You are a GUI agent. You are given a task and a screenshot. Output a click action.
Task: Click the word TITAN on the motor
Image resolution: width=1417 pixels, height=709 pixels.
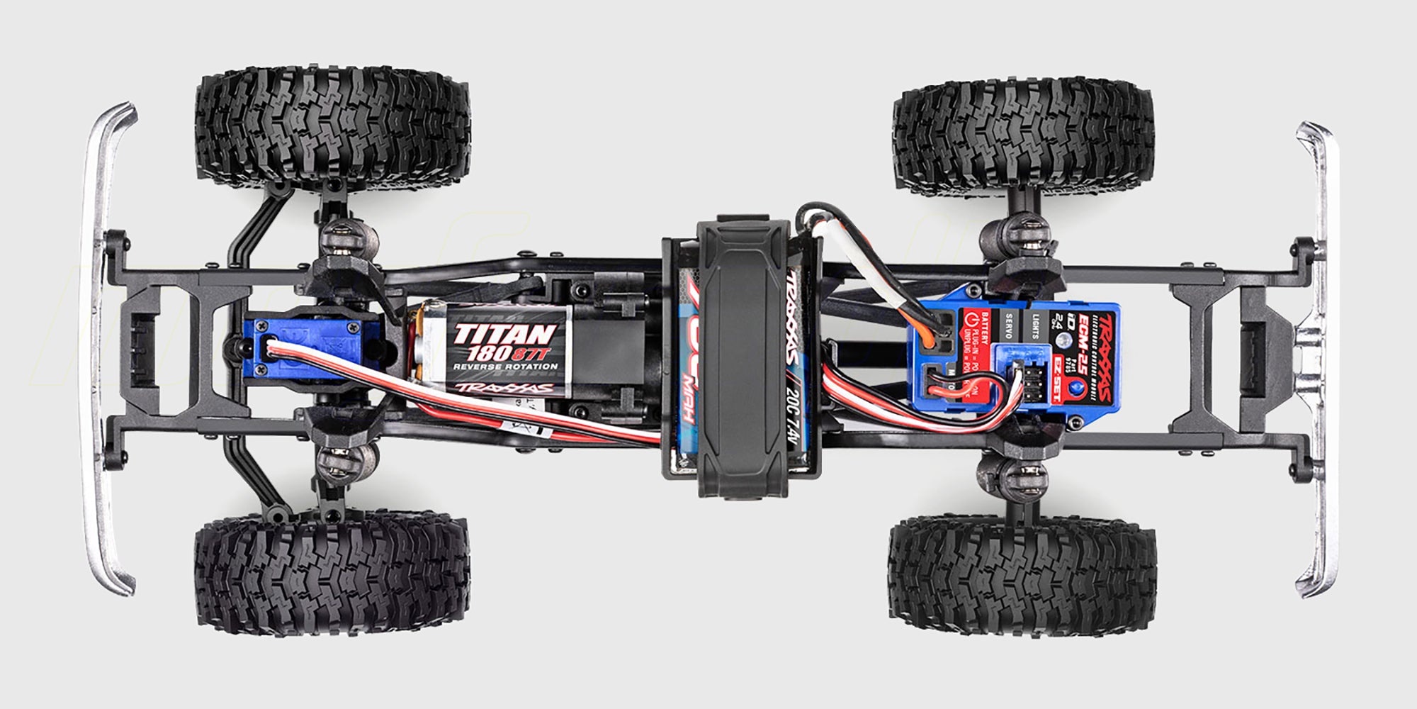[x=504, y=333]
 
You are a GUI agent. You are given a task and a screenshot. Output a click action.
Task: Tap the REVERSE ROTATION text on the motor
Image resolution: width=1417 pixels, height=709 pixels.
[x=505, y=367]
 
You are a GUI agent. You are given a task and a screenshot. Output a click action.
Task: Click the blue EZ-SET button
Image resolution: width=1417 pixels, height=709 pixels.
[x=1078, y=387]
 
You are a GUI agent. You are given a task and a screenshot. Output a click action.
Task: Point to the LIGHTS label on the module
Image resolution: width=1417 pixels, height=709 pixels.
[x=1034, y=325]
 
